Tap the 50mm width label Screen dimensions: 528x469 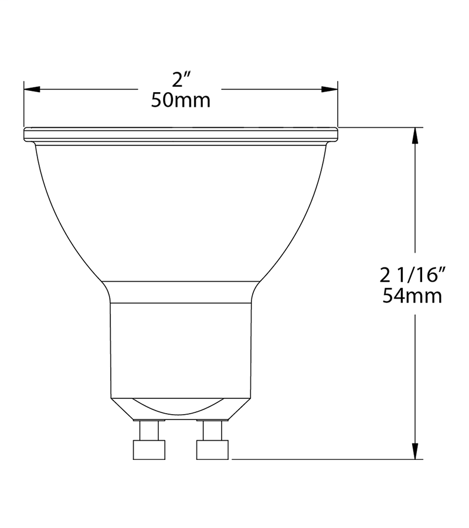(181, 100)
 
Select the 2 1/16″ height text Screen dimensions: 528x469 (414, 274)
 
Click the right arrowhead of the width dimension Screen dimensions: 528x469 (330, 90)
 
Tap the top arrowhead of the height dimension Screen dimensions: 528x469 (416, 136)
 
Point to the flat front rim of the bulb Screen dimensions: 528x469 (181, 134)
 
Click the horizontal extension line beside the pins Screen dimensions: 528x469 (322, 459)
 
